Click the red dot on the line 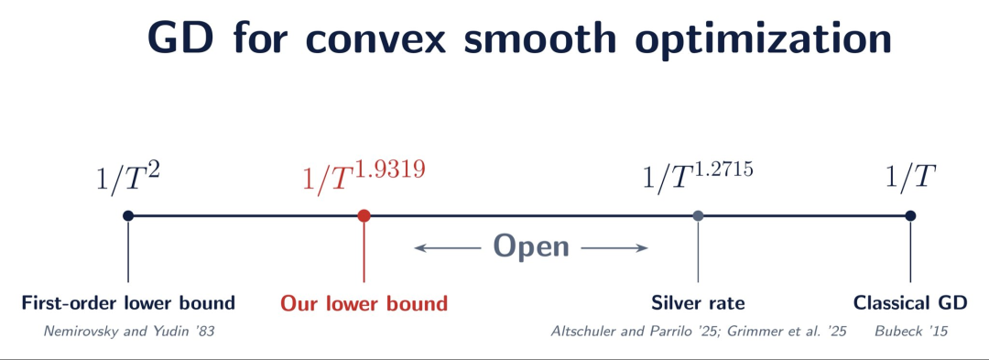(364, 215)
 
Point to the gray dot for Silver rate (698, 215)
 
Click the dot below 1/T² (128, 215)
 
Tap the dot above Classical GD (909, 215)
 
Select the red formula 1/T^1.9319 (364, 176)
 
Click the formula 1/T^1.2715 (698, 176)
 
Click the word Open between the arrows (531, 246)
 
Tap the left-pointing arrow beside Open (449, 248)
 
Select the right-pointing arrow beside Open (614, 248)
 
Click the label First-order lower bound (128, 303)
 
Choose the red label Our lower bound (364, 303)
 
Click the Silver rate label (698, 303)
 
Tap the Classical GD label (910, 303)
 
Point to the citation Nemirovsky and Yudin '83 (129, 331)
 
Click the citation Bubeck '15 (911, 331)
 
